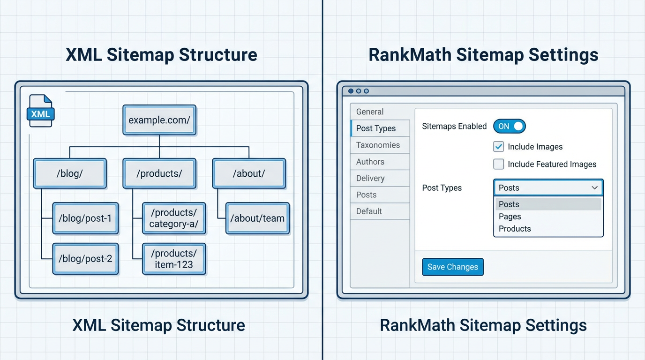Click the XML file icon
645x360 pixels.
click(x=41, y=111)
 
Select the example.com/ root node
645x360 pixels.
click(x=159, y=120)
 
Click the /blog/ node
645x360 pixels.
click(x=70, y=173)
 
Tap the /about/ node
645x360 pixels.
click(x=249, y=173)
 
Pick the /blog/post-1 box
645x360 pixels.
click(x=85, y=218)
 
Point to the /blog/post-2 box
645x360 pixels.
click(x=85, y=259)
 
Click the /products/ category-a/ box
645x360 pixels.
click(x=174, y=218)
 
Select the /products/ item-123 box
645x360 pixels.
click(x=174, y=259)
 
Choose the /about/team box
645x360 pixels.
click(x=257, y=218)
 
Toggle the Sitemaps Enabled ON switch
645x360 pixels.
click(x=510, y=126)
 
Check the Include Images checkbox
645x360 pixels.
click(x=499, y=147)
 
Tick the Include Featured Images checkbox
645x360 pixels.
click(x=499, y=164)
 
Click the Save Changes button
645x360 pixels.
click(x=452, y=267)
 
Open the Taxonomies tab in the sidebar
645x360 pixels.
click(x=378, y=145)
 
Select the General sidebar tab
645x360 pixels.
click(x=370, y=112)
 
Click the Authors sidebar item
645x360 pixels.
click(x=370, y=162)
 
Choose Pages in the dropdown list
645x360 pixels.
click(x=510, y=217)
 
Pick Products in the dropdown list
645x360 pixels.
click(x=515, y=229)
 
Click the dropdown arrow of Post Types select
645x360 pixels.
click(x=594, y=188)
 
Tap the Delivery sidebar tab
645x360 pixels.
click(x=370, y=178)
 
